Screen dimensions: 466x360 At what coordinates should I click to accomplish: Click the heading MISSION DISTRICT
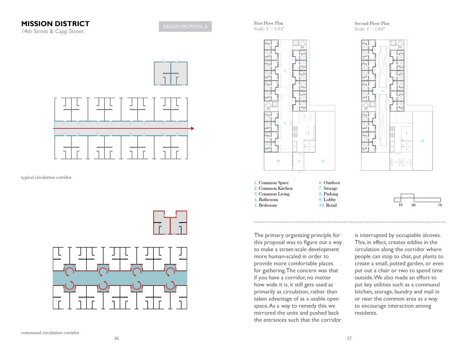[x=55, y=24]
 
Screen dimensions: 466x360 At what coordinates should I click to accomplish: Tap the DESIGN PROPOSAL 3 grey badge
[x=185, y=27]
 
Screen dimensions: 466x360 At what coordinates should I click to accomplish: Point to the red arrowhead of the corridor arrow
[x=192, y=128]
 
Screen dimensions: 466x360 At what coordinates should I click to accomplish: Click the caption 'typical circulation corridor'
[x=46, y=178]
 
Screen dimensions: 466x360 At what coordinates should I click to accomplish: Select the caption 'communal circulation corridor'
[x=50, y=332]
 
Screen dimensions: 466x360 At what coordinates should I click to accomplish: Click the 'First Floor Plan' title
[x=268, y=23]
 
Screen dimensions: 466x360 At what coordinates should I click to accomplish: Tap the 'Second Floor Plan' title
[x=372, y=23]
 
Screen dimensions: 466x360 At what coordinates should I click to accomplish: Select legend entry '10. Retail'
[x=328, y=205]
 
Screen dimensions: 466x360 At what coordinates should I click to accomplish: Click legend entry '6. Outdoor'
[x=329, y=183]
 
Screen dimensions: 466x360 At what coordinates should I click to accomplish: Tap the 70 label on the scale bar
[x=439, y=205]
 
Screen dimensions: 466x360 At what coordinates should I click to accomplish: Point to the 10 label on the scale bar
[x=400, y=205]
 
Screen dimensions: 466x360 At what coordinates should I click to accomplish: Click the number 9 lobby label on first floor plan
[x=299, y=161]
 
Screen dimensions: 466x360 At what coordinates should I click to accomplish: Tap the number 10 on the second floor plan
[x=422, y=140]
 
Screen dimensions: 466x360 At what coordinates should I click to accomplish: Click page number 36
[x=116, y=339]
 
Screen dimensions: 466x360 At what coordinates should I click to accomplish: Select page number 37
[x=349, y=339]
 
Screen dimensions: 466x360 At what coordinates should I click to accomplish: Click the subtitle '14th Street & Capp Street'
[x=52, y=32]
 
